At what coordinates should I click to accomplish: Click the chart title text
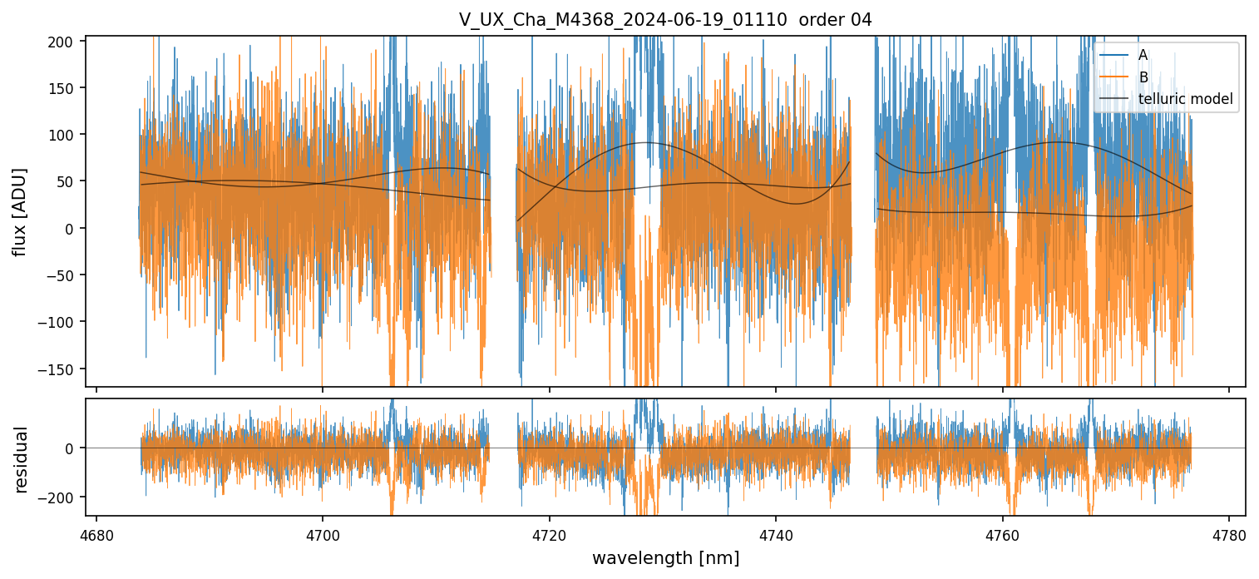coord(665,20)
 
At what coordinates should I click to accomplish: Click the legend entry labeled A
coord(1143,55)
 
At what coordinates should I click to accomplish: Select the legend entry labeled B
coord(1143,77)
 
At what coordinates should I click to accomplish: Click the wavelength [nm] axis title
coord(665,558)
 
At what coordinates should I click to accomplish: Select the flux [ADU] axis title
coord(19,211)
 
